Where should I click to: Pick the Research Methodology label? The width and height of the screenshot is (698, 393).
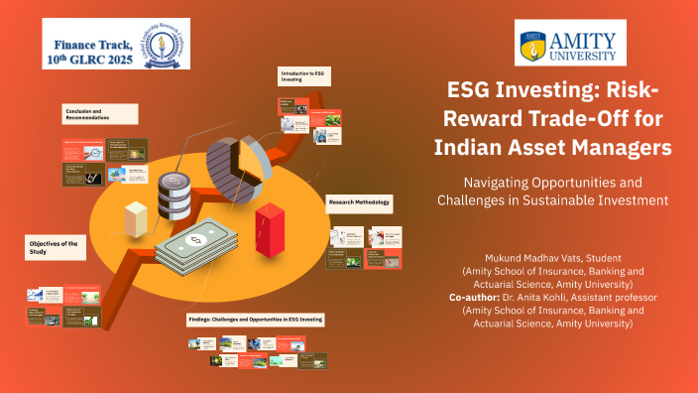[359, 203]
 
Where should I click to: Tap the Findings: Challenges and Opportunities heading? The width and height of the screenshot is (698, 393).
[255, 320]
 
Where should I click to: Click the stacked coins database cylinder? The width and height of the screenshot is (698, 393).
[174, 194]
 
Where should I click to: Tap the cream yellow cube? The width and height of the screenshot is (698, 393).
[135, 217]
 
